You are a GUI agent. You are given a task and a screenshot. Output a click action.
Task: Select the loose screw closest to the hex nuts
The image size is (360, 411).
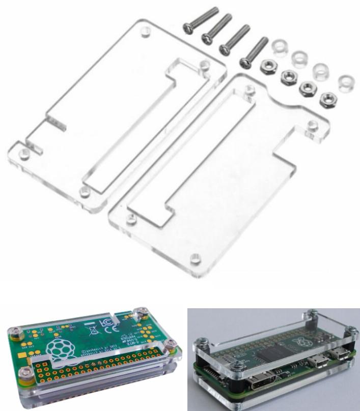pos(253,52)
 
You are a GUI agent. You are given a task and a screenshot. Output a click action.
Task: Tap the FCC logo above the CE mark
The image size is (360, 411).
pos(105,321)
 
